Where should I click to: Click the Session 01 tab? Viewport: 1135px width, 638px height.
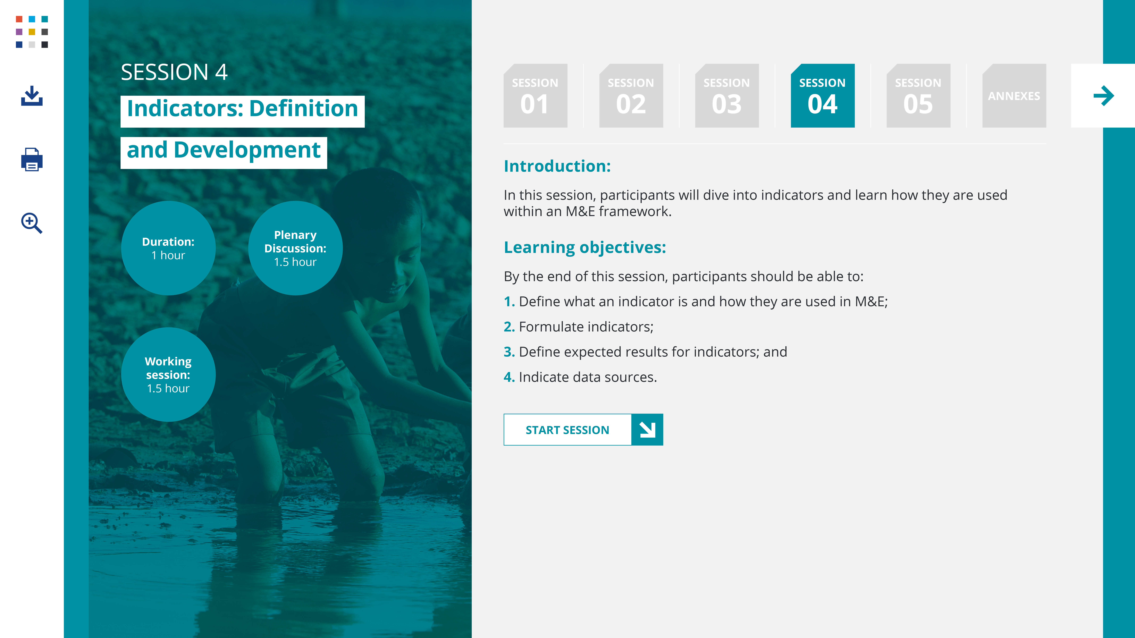point(535,96)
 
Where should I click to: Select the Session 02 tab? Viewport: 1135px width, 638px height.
point(631,96)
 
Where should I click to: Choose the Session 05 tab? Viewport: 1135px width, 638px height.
point(918,96)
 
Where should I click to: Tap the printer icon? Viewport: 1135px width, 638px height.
point(32,159)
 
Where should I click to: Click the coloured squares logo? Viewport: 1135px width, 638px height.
point(32,32)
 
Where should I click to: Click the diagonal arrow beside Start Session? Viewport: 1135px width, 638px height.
point(647,429)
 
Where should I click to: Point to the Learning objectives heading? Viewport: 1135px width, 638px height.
point(585,247)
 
